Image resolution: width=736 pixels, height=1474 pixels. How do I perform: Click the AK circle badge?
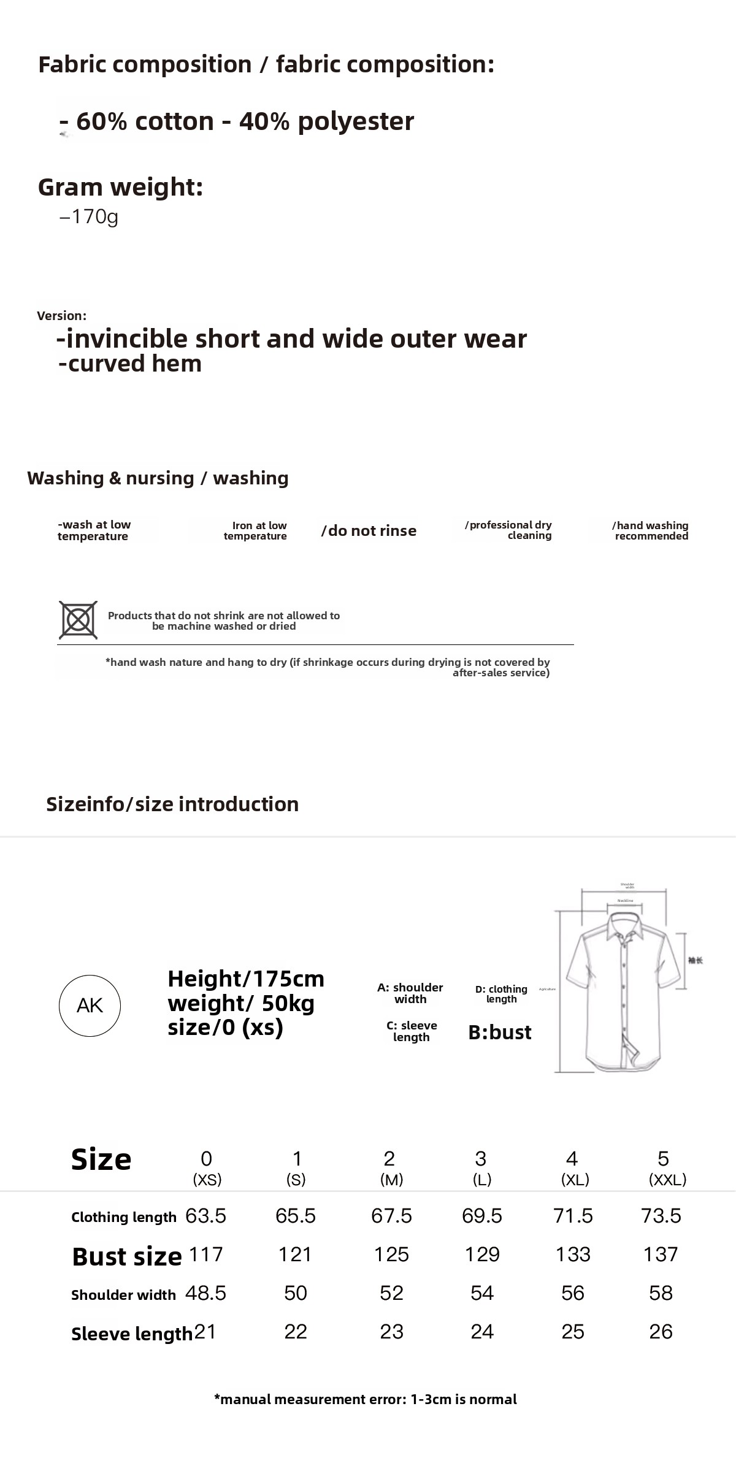point(90,1006)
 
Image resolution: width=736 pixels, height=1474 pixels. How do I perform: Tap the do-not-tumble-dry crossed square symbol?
point(78,620)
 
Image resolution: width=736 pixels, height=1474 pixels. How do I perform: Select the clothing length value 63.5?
point(206,1216)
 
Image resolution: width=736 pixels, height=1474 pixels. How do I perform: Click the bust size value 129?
point(482,1254)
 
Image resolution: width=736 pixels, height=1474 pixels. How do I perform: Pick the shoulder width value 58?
point(661,1293)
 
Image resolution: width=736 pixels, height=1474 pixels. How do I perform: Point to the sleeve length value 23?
point(391,1332)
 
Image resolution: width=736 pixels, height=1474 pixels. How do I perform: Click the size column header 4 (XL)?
point(573,1167)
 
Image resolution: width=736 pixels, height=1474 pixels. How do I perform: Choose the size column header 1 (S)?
point(296,1167)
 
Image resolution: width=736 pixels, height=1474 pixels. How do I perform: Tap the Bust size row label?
point(126,1256)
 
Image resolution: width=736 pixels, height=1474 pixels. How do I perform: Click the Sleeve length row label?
point(131,1334)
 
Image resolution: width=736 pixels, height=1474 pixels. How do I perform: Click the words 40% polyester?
point(326,121)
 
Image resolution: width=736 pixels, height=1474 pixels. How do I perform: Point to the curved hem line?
point(130,364)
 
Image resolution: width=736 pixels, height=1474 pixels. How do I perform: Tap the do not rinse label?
point(369,531)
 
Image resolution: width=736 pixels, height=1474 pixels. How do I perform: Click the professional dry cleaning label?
point(509,530)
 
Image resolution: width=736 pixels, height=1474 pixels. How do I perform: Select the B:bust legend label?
point(500,1032)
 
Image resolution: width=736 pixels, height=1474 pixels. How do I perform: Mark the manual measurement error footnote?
point(366,1399)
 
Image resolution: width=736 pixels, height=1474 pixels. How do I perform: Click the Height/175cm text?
point(246,979)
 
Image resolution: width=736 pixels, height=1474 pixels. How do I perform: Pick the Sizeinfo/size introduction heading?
point(172,804)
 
